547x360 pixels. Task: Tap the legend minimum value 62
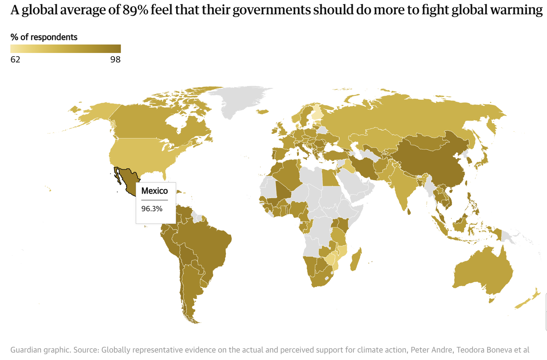pos(15,60)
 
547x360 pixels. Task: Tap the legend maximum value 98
pos(115,60)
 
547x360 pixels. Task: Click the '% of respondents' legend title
pos(44,37)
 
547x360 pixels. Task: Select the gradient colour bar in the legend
pos(65,49)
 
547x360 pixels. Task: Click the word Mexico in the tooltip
pos(154,191)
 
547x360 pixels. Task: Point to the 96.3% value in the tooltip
pos(152,209)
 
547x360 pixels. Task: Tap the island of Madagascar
pos(356,259)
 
